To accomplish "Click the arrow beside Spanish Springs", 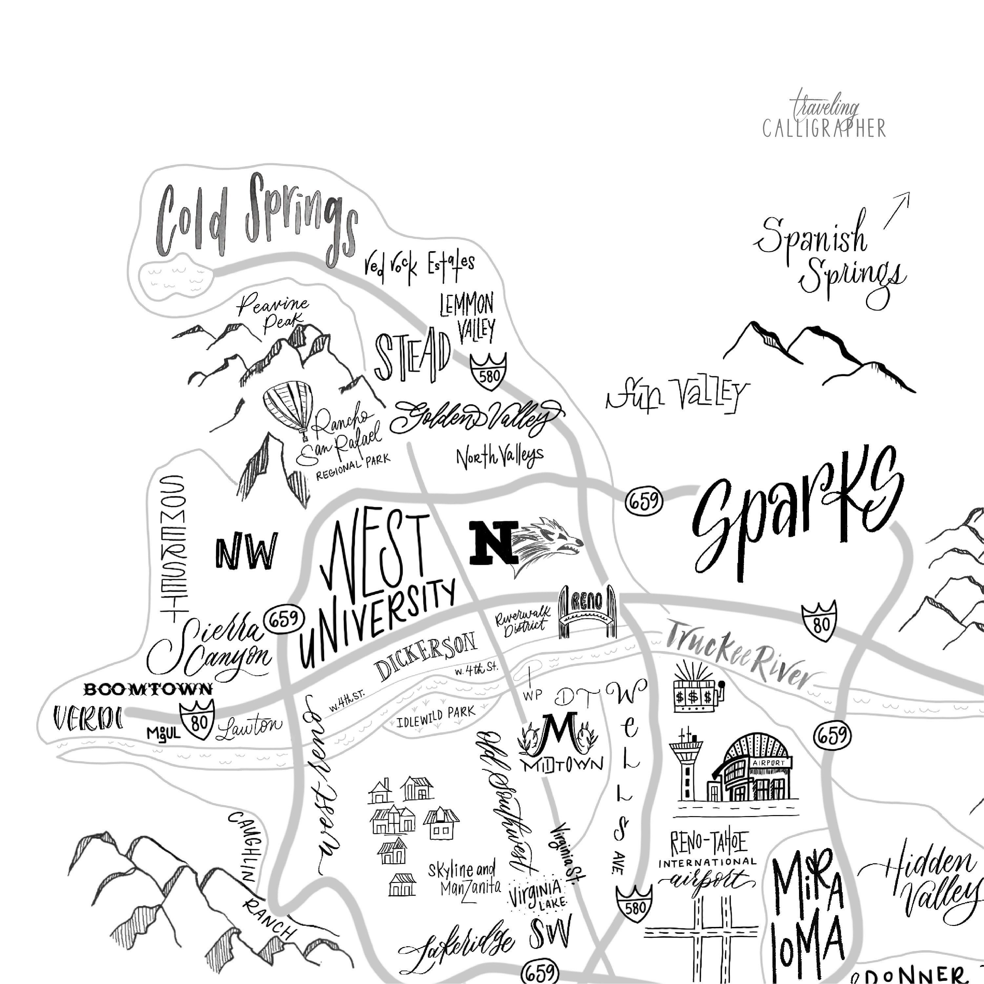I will [x=897, y=209].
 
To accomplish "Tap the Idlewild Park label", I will [x=436, y=716].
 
